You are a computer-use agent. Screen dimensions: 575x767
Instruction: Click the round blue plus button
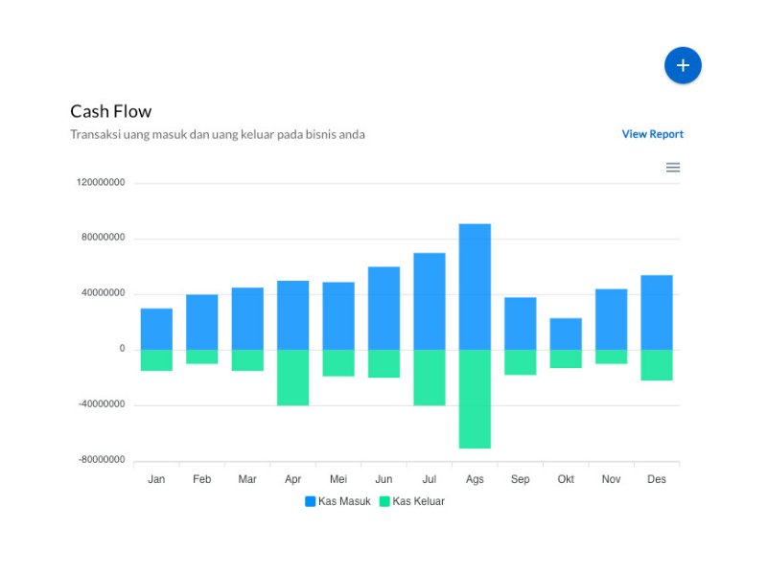click(683, 65)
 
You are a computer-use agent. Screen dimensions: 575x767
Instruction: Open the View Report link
click(652, 134)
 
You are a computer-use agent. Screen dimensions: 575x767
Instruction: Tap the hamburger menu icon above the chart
click(673, 168)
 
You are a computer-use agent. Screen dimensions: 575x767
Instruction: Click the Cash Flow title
click(111, 111)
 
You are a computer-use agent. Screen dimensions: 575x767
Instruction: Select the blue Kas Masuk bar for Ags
click(475, 287)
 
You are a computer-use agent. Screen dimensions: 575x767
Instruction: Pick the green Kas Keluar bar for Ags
click(475, 399)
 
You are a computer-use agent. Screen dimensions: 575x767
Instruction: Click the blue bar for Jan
click(156, 329)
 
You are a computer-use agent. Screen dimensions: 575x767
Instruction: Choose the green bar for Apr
click(293, 378)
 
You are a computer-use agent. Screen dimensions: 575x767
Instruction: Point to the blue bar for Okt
click(566, 333)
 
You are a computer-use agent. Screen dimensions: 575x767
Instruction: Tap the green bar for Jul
click(430, 378)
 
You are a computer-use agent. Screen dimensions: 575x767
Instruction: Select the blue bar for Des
click(657, 312)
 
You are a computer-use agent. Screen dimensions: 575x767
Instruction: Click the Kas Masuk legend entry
click(337, 501)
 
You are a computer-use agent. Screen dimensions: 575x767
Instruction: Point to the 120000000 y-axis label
click(102, 182)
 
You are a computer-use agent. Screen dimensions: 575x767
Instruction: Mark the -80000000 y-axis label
click(102, 460)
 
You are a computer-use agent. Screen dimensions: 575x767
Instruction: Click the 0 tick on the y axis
click(122, 349)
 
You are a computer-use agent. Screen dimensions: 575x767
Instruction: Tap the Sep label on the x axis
click(520, 479)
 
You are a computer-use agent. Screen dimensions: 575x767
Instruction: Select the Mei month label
click(338, 479)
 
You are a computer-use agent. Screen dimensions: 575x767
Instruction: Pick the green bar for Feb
click(202, 356)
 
